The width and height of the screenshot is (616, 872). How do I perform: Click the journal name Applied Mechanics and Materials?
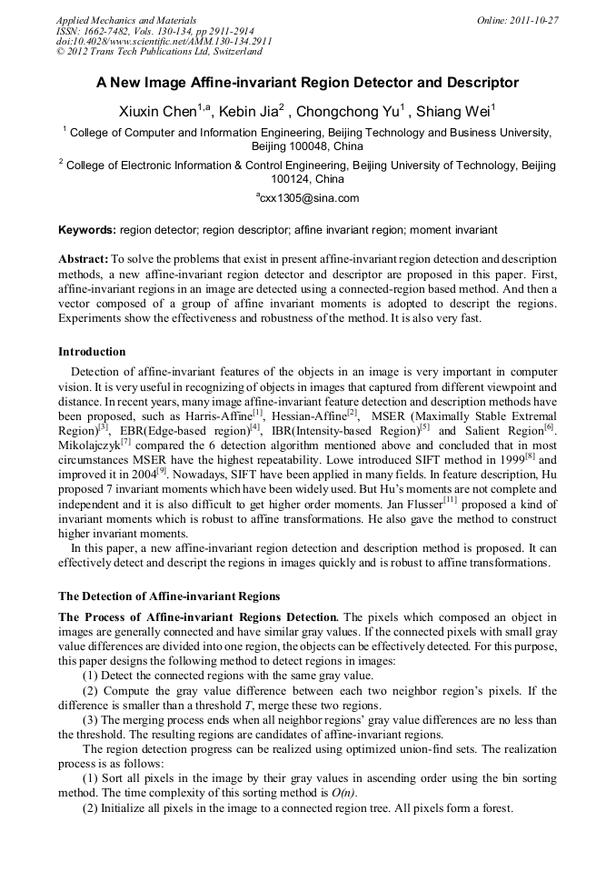126,20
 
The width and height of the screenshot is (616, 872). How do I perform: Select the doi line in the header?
164,41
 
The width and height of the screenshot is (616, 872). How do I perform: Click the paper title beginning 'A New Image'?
307,83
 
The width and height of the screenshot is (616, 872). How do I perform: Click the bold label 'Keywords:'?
87,231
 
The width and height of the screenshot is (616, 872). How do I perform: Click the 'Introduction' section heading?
92,351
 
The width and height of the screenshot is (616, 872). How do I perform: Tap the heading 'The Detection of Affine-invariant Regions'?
169,596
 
